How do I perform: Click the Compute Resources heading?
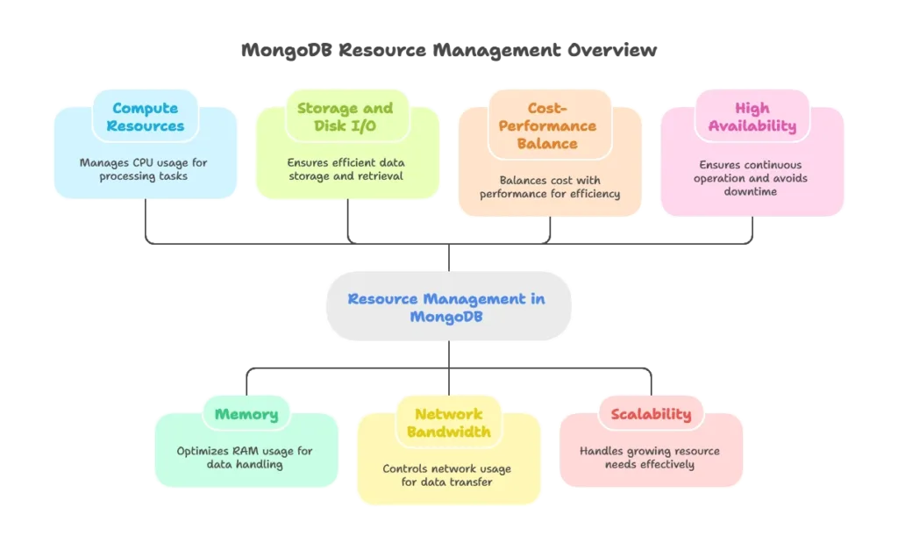click(x=145, y=117)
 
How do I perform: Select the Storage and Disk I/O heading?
click(x=345, y=117)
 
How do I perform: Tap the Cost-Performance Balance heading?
click(x=548, y=125)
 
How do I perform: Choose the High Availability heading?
click(x=752, y=117)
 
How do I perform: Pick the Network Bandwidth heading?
click(x=448, y=423)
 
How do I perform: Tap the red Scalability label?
click(x=651, y=414)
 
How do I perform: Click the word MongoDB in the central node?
click(x=446, y=317)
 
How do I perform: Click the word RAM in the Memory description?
click(x=247, y=451)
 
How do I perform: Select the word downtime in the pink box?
click(x=752, y=191)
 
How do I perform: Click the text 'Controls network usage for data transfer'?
click(x=447, y=475)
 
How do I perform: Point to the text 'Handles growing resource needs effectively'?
click(x=650, y=457)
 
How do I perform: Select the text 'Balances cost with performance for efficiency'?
click(x=549, y=187)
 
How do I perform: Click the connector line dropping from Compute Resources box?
click(x=144, y=219)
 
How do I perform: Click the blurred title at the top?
click(x=448, y=53)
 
